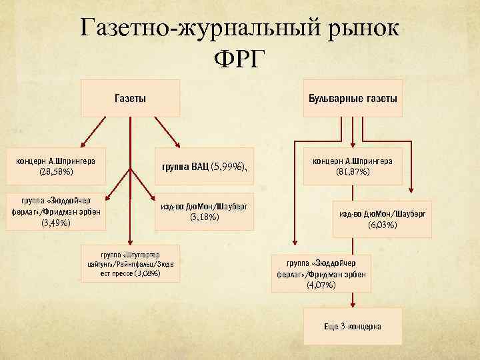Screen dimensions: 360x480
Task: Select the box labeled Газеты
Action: pos(131,98)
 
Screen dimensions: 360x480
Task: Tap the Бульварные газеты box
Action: pos(352,98)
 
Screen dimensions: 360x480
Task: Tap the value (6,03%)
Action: pos(382,225)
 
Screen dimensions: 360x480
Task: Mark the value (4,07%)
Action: pos(321,285)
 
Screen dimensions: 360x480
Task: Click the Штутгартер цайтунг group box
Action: pos(131,263)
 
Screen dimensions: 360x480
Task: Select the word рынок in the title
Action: pos(358,28)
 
